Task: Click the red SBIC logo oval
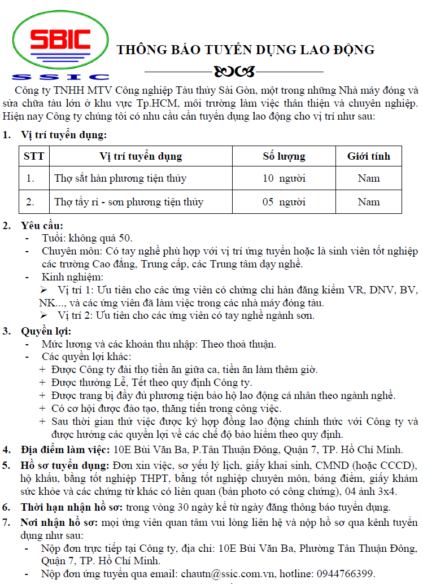60,38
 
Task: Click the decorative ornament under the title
234,72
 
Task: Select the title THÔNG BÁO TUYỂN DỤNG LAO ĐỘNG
246,50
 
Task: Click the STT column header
34,156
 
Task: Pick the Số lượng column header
284,156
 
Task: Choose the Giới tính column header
368,156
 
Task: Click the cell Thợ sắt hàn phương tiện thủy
120,178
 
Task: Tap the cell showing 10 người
284,178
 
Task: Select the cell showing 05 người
284,202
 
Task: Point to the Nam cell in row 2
368,202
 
